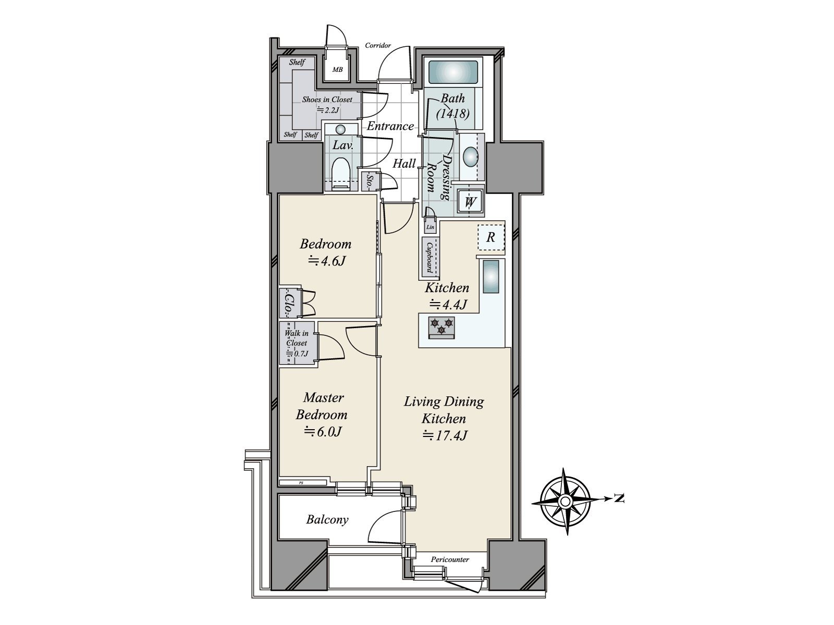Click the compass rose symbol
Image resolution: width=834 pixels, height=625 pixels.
coord(566,501)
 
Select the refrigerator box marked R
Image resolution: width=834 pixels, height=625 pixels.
coord(490,238)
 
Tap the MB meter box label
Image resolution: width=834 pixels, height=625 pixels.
coord(338,69)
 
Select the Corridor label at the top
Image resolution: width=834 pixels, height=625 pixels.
coord(377,46)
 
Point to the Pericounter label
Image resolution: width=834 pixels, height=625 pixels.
coord(450,560)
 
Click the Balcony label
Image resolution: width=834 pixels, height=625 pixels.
coord(327,520)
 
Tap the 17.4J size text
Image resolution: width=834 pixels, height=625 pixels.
coord(445,435)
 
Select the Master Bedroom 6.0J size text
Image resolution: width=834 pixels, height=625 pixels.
coord(323,432)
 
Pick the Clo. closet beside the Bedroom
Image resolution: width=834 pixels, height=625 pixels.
coord(287,303)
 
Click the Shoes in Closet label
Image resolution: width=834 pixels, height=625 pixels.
coord(327,99)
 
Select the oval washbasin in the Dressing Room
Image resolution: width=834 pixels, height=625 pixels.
coord(470,156)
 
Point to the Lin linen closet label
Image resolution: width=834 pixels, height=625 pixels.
coord(430,227)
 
